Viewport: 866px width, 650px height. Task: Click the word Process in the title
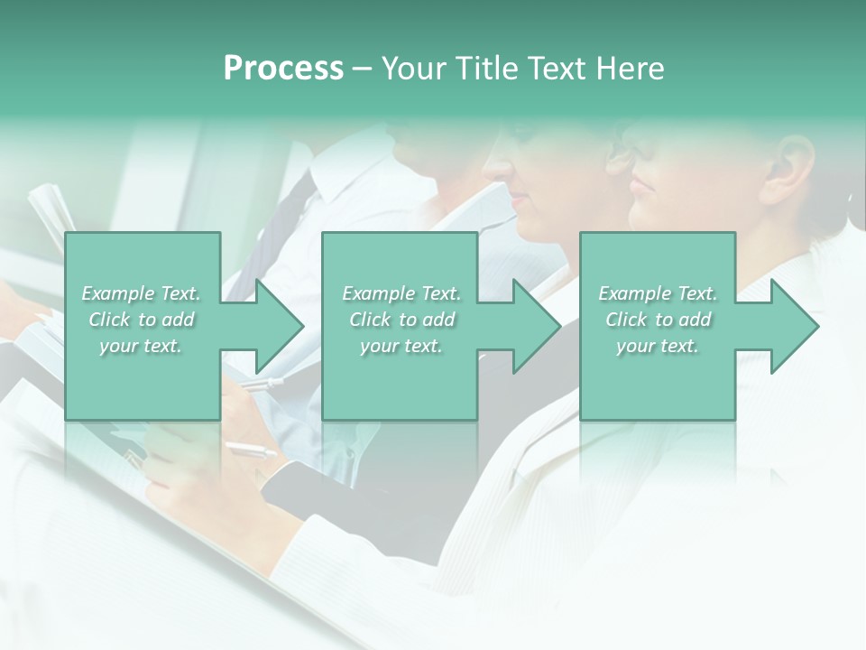point(283,69)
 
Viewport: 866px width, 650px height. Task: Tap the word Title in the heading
point(486,69)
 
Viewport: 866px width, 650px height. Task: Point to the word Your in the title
point(415,69)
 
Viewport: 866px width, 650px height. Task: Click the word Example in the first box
point(116,293)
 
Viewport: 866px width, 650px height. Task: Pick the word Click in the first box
point(111,320)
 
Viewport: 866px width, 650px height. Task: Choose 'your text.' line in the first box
point(141,346)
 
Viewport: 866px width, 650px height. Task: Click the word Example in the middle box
point(377,293)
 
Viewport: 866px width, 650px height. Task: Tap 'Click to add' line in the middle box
point(401,320)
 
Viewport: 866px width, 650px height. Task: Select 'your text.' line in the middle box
point(401,346)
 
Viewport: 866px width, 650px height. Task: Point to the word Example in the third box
point(633,293)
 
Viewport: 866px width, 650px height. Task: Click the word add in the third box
point(695,320)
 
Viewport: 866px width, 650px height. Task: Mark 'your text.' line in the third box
point(658,346)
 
